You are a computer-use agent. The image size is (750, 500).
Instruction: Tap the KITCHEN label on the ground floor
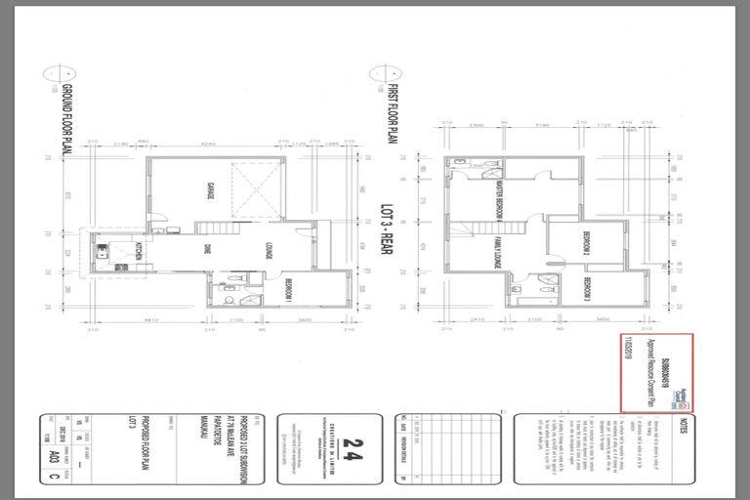(140, 252)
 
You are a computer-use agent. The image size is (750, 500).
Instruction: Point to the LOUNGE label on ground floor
(269, 252)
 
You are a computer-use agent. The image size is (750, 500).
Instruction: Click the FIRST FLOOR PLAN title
(384, 118)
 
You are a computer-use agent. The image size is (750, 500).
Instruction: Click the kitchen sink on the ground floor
(101, 250)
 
